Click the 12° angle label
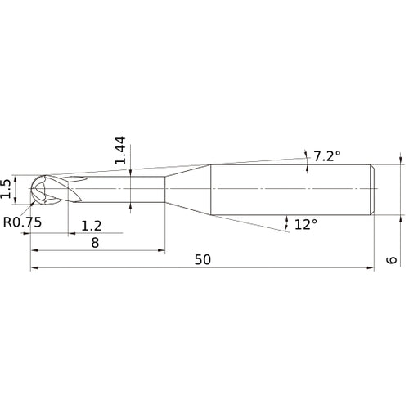[x=304, y=223]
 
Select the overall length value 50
[x=203, y=259]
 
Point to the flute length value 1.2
[x=91, y=224]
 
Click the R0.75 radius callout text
[x=22, y=222]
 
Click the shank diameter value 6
[x=392, y=259]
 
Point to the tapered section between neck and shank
[x=188, y=189]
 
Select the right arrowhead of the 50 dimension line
[x=371, y=267]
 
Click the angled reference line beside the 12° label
[x=270, y=227]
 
